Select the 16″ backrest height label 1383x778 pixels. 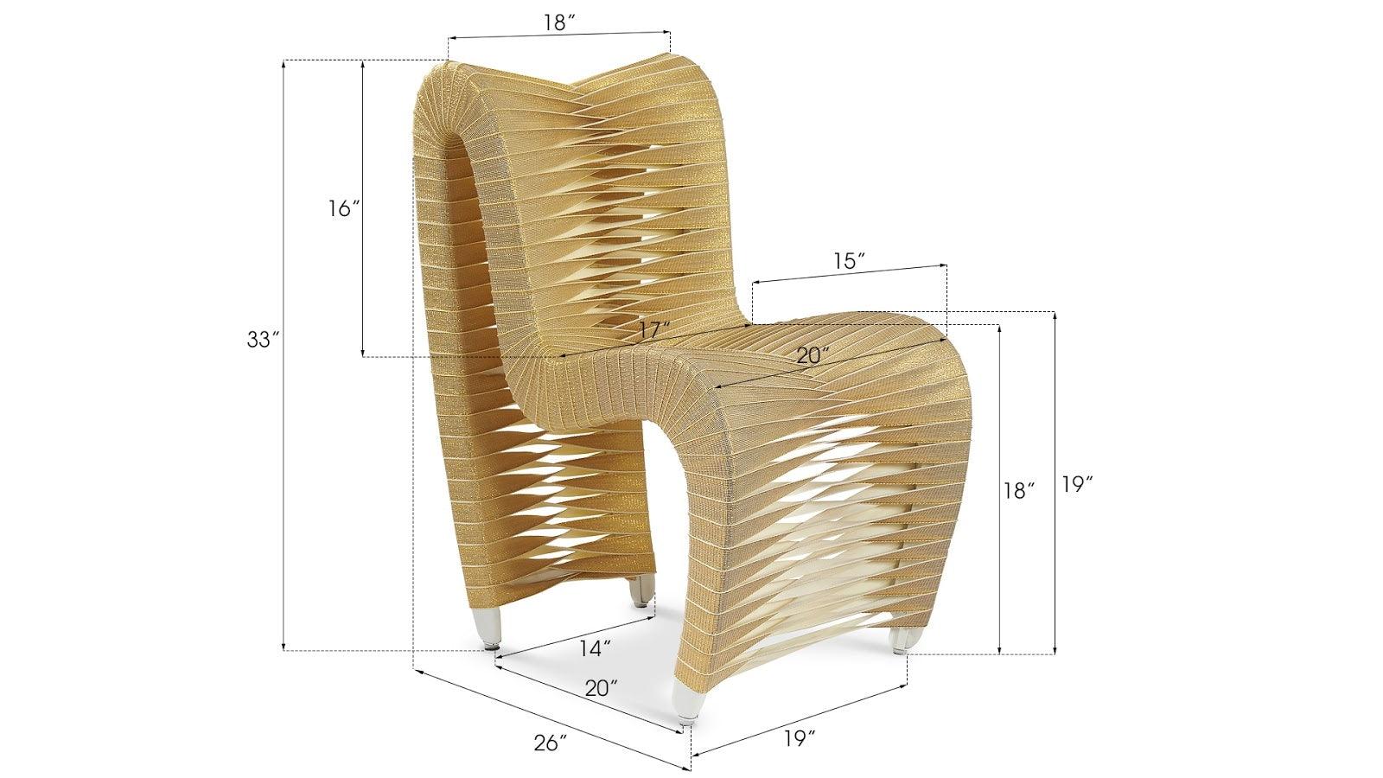(343, 208)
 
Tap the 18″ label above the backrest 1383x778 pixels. (560, 23)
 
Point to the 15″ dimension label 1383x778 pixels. (850, 262)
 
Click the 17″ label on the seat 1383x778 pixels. (655, 330)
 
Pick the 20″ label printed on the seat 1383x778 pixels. (813, 354)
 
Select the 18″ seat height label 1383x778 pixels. (1019, 491)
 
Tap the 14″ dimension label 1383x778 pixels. (596, 646)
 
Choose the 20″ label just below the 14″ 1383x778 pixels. (602, 688)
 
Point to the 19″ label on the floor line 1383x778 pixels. (800, 714)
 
